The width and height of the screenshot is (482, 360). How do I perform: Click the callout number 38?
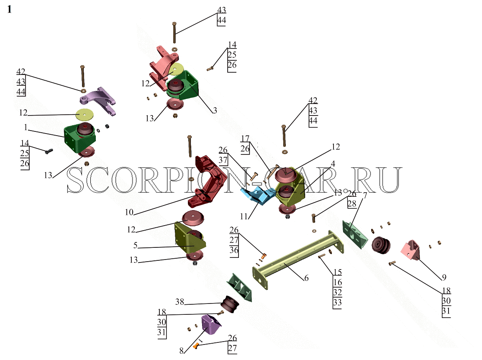[x=179, y=301]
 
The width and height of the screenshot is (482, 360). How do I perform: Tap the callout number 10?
[x=129, y=212]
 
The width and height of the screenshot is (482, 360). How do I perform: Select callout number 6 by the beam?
[x=306, y=278]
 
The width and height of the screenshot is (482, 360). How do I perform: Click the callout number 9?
[x=444, y=277]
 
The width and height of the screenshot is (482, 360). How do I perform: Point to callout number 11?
[x=244, y=216]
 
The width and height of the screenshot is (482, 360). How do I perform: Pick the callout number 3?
[x=215, y=110]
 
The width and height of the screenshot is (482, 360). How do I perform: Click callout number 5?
[x=135, y=245]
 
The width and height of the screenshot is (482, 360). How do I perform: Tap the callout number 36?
[x=234, y=250]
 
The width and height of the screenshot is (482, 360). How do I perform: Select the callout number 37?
[x=223, y=160]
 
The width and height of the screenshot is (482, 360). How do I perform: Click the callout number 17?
[x=245, y=139]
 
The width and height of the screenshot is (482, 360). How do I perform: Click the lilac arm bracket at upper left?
[x=98, y=100]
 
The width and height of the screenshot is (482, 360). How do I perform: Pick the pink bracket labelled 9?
[x=411, y=249]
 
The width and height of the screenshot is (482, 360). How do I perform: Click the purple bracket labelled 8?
[x=210, y=324]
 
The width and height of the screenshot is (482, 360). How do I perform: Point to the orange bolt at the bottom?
[x=195, y=346]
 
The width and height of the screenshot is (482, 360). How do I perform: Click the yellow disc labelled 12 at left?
[x=85, y=115]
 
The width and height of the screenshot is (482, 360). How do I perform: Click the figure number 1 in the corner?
[x=9, y=9]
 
